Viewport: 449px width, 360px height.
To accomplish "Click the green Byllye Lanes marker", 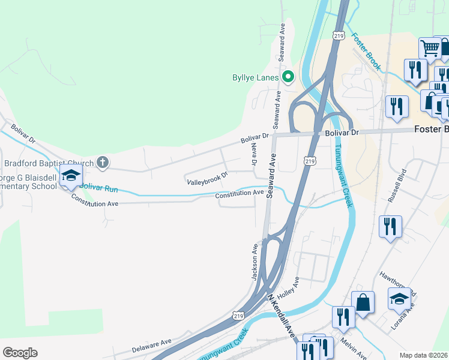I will point(288,77).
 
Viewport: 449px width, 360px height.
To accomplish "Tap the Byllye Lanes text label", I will point(256,77).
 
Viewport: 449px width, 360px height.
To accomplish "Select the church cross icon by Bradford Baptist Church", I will point(103,162).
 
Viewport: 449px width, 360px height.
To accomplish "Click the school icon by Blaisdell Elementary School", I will point(71,176).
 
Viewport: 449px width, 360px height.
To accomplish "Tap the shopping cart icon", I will point(430,47).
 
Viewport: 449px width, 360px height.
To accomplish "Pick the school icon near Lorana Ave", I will point(399,299).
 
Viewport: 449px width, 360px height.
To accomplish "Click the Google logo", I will point(20,353).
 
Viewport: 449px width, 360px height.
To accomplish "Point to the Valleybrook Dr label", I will point(208,178).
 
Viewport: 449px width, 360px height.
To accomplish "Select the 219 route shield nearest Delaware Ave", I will point(238,315).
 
